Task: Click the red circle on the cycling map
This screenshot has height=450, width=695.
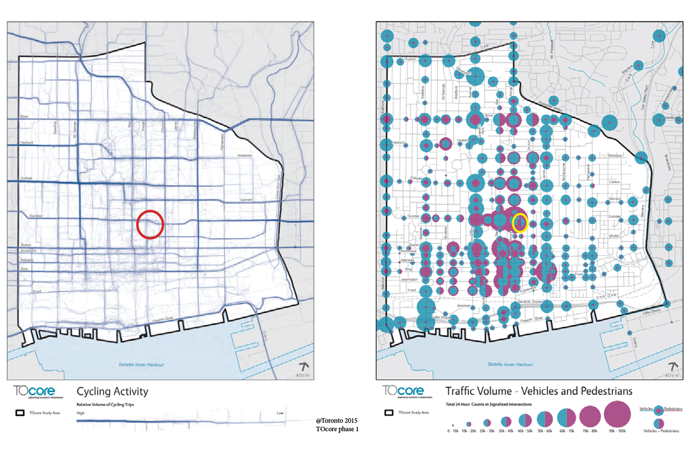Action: (x=150, y=223)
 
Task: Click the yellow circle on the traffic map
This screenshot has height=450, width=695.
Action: (x=520, y=222)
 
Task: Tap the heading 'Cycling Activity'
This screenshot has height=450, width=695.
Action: (x=112, y=391)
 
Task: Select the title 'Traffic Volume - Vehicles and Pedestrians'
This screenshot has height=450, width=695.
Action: (x=539, y=391)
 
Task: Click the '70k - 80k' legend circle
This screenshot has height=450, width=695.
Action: (x=589, y=417)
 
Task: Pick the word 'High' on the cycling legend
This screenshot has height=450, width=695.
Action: (x=81, y=413)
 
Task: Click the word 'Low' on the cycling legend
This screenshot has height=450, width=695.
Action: (x=280, y=413)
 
